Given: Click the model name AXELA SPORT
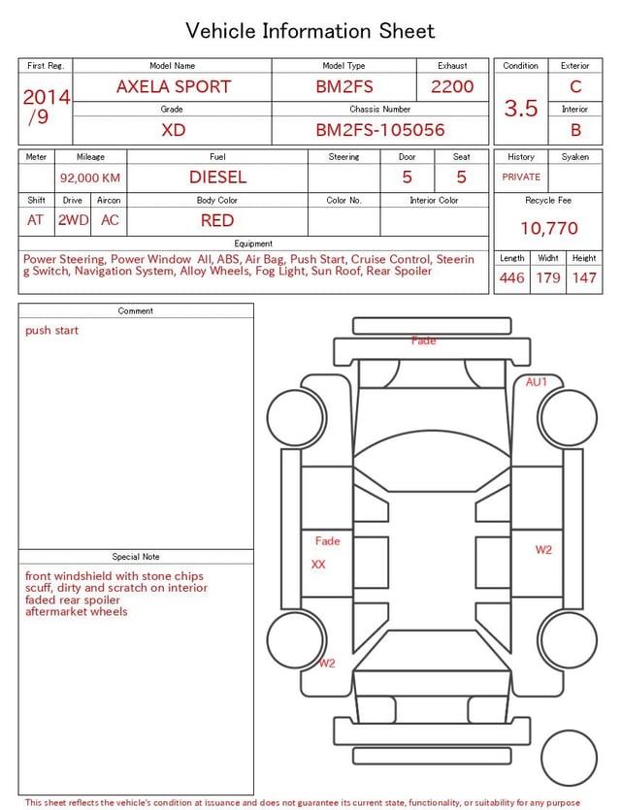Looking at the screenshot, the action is coord(174,86).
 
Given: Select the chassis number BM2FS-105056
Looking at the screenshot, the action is coord(380,130).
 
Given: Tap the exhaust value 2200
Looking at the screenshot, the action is coord(452,86).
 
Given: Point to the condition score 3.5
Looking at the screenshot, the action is coord(521,108).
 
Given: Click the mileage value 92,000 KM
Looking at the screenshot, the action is coord(90,178).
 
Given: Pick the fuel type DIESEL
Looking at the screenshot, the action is coord(217,178).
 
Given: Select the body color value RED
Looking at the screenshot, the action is coord(217,220).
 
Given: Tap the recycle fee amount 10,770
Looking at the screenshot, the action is coord(548,228).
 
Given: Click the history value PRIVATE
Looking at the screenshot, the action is coord(521,177).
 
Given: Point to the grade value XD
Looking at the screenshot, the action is coord(173,130).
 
